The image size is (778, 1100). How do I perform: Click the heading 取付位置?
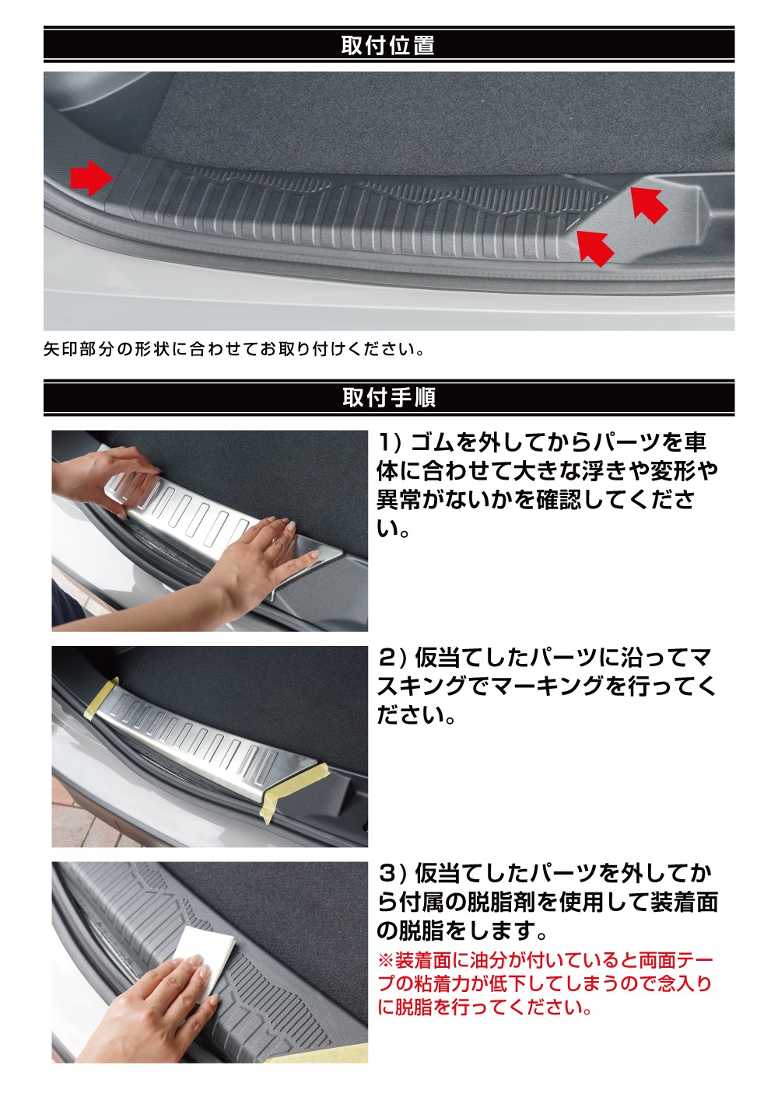point(388,46)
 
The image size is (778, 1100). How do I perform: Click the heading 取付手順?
point(389,396)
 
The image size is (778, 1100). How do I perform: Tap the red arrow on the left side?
point(91,177)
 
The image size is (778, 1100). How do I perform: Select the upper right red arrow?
point(648,202)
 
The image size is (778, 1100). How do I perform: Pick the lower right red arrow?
point(595,247)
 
